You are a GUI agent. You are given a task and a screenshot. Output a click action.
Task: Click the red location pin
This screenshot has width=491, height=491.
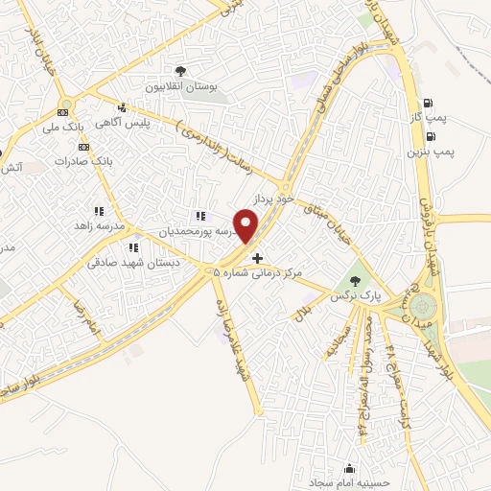pos(247,227)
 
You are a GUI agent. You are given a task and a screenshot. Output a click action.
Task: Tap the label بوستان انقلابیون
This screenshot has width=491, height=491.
pos(180,86)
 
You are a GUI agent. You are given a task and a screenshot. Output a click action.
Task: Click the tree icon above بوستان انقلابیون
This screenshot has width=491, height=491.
pos(180,71)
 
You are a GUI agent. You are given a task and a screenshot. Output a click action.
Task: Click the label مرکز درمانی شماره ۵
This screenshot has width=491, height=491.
pos(256,273)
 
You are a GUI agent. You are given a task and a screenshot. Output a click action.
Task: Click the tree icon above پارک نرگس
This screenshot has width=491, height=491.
pos(356,281)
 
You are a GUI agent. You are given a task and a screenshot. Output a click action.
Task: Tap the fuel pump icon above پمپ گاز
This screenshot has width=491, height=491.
pos(428,105)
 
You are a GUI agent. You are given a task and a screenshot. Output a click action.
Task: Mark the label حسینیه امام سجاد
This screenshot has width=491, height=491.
pos(346,483)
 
